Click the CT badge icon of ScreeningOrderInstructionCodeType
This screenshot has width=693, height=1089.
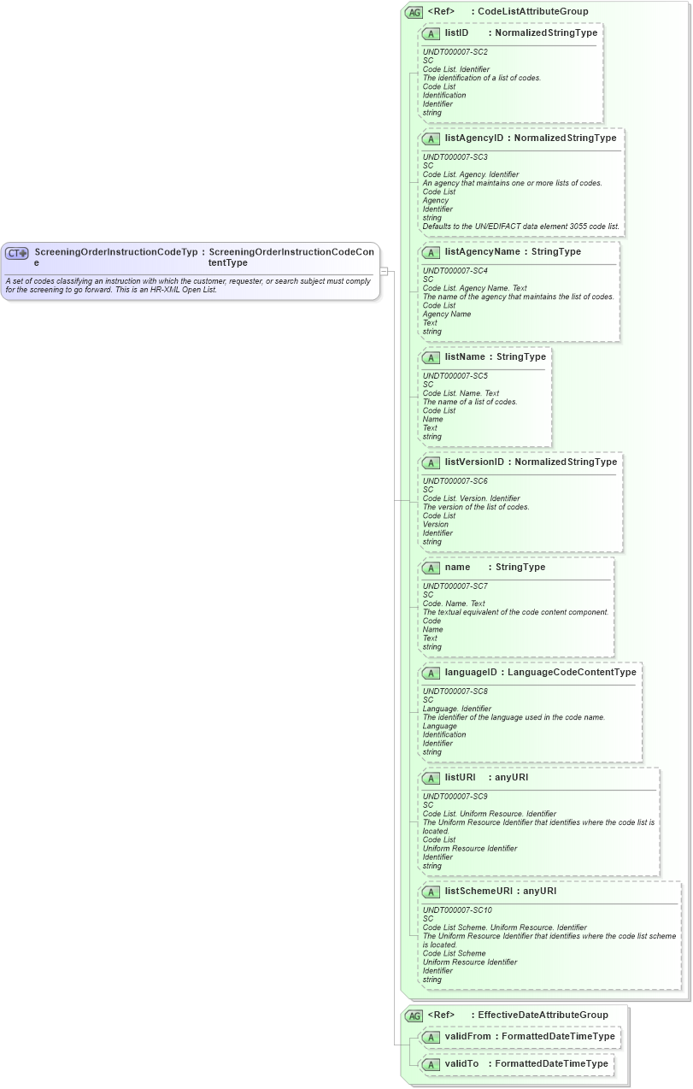(x=17, y=253)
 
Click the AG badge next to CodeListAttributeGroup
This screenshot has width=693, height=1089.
(x=414, y=12)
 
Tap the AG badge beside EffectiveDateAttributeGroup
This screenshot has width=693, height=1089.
(x=414, y=1015)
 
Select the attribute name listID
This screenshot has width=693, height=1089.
(x=456, y=33)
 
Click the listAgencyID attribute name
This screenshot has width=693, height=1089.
(x=474, y=138)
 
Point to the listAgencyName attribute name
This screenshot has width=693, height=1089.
(x=482, y=252)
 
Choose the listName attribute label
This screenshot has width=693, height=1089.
(x=465, y=356)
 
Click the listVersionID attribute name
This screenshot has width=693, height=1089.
(x=474, y=462)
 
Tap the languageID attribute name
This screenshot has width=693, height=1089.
(x=471, y=673)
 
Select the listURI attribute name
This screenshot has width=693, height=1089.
(x=460, y=778)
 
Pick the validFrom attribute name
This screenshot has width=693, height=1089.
(x=467, y=1037)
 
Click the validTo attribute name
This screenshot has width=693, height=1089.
(x=461, y=1064)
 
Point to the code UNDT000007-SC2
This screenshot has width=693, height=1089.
(x=455, y=52)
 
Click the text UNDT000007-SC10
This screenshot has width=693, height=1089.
(x=457, y=910)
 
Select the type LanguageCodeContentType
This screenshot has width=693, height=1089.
(x=572, y=673)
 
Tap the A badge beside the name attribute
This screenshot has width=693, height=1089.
(x=432, y=568)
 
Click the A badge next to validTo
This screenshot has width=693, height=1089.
(x=432, y=1064)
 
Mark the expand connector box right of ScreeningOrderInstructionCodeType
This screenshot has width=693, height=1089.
(x=385, y=272)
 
